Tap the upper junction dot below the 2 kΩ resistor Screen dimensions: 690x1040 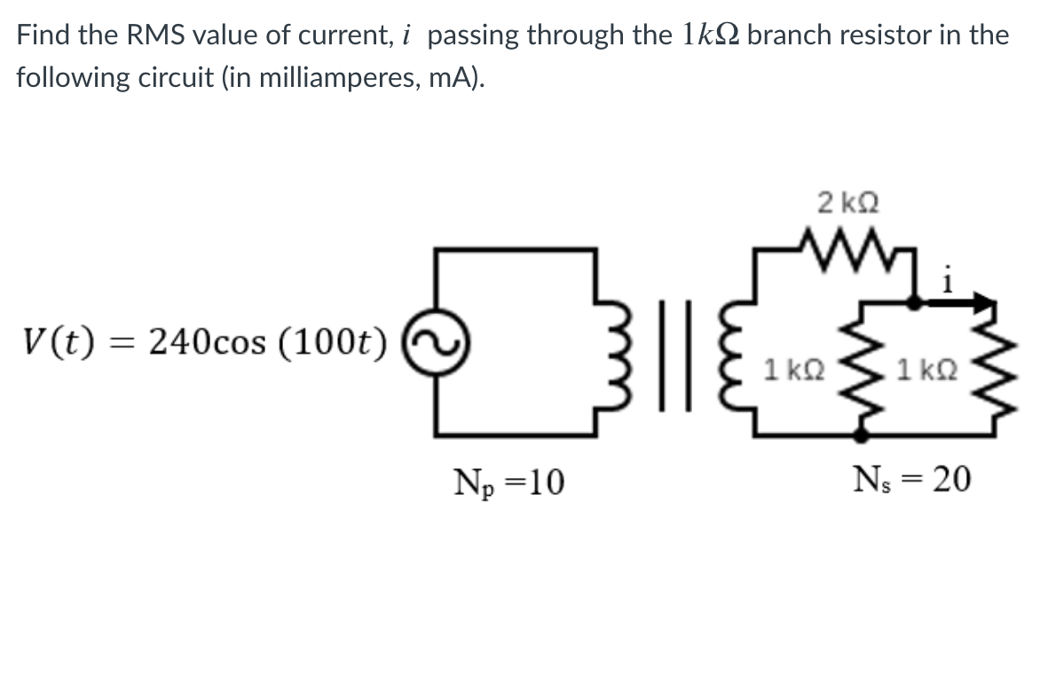pos(914,302)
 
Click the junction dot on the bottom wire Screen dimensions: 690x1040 pos(860,434)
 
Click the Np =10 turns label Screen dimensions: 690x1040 pos(508,483)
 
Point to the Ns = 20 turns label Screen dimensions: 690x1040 pos(912,480)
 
